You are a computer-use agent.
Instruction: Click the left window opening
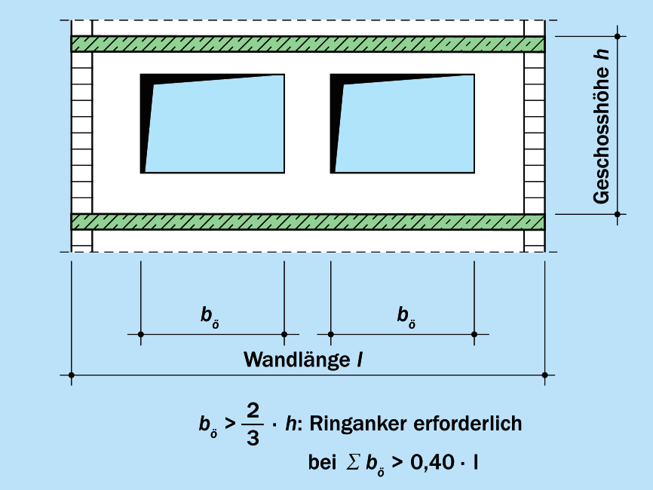(x=213, y=124)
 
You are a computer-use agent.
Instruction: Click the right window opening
(x=403, y=124)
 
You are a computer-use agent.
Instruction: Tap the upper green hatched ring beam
(x=308, y=44)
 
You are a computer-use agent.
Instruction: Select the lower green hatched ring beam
(x=308, y=222)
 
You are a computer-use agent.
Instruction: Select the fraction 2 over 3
(x=253, y=424)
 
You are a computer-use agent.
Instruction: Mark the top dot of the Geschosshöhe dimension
(x=618, y=35)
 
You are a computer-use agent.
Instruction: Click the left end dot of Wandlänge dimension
(x=71, y=375)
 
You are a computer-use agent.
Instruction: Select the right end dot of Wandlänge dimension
(x=544, y=375)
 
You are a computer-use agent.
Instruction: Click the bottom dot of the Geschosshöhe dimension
(x=618, y=214)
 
